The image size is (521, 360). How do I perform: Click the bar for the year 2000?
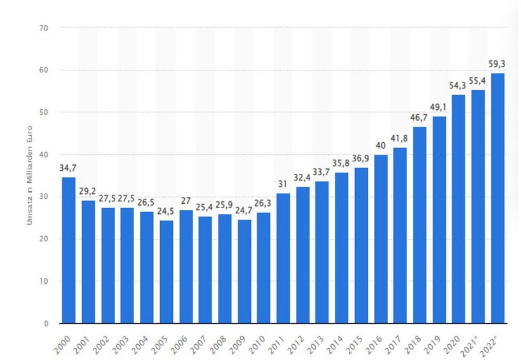coord(68,250)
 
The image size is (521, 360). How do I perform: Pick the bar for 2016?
coord(381,239)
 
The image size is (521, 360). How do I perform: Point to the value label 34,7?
coord(68,168)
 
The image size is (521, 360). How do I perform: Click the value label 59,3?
coord(497,64)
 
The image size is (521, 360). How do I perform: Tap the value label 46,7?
coord(420,118)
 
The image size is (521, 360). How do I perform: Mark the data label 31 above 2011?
coord(283,184)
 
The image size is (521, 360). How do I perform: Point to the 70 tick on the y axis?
coord(44,28)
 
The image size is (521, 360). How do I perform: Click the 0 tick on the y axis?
coord(46,323)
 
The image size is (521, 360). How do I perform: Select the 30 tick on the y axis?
coord(44,197)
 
